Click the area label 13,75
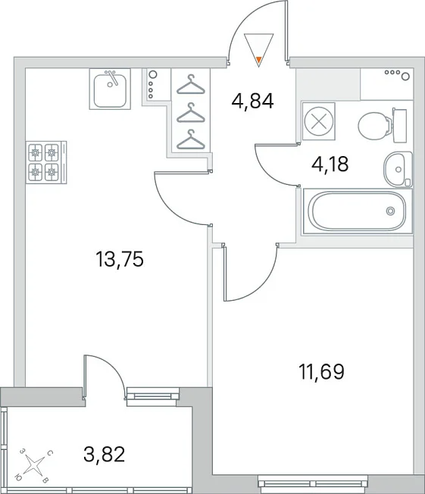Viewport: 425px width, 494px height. [x=120, y=259]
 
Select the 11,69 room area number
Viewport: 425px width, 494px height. [x=321, y=372]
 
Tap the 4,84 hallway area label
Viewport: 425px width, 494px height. [x=252, y=101]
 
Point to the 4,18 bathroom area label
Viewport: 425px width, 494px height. [x=330, y=164]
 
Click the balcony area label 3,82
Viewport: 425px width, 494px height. [x=105, y=454]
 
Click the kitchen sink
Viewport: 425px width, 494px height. [x=110, y=89]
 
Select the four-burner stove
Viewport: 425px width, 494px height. [x=47, y=162]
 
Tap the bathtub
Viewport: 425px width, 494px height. [x=358, y=211]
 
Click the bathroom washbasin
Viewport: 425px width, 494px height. [x=398, y=169]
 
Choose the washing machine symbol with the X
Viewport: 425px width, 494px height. [x=318, y=121]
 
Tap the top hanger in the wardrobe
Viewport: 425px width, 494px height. [x=191, y=85]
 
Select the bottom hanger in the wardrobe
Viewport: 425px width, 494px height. [x=191, y=140]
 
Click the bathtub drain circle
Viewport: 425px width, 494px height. [x=390, y=211]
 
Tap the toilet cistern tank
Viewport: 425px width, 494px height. [x=399, y=125]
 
